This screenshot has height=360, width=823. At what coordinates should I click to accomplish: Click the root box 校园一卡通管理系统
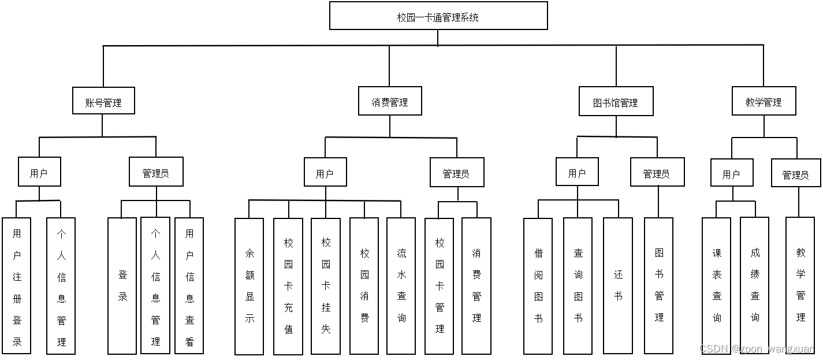(438, 16)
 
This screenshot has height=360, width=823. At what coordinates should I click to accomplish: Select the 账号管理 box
(103, 101)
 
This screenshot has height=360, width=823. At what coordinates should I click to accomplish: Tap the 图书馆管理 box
(616, 102)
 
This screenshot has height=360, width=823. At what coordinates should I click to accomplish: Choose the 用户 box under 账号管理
(39, 172)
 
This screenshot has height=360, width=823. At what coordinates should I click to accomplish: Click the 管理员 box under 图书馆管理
(657, 172)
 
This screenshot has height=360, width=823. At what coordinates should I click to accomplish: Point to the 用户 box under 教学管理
(731, 173)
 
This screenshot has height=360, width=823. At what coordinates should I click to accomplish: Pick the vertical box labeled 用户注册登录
(17, 286)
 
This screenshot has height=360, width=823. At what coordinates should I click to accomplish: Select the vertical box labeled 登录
(122, 286)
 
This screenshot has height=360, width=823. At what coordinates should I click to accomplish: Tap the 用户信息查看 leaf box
(189, 286)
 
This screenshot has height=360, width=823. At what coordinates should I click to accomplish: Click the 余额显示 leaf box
(249, 286)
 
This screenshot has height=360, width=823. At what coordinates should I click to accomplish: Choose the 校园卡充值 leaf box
(288, 286)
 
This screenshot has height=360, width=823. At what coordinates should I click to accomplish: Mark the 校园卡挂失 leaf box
(326, 286)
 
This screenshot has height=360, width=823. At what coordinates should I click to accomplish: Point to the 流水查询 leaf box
(401, 286)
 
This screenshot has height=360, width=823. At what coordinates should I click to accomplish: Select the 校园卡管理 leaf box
(440, 286)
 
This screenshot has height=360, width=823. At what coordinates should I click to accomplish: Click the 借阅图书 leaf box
(538, 286)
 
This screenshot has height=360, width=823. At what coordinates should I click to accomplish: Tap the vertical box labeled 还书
(618, 286)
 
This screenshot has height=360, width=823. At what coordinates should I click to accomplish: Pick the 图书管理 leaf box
(659, 286)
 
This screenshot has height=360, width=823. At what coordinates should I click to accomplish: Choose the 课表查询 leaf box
(717, 286)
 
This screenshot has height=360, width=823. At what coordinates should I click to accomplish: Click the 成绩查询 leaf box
(755, 286)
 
